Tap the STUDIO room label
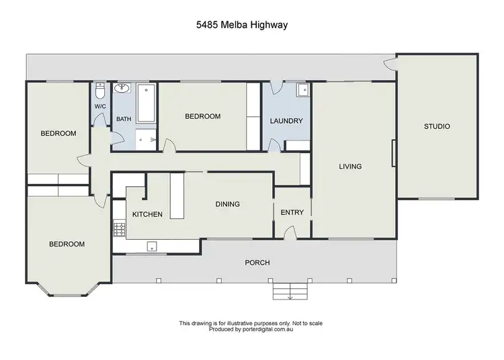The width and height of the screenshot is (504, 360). click(436, 126)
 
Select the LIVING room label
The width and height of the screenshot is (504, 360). click(350, 167)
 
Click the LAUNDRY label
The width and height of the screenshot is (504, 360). click(286, 121)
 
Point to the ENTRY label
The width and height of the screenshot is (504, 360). click(292, 212)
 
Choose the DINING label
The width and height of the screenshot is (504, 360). click(227, 204)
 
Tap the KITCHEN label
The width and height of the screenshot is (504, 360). click(147, 214)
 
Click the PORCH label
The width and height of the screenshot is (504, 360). click(257, 263)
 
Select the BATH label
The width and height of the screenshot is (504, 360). click(124, 120)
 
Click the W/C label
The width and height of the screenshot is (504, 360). click(100, 107)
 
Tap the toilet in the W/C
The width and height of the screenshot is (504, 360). click(100, 90)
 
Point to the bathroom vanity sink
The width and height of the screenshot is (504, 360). click(123, 89)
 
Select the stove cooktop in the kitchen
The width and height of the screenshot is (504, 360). click(120, 230)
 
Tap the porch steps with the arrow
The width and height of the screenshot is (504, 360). click(290, 291)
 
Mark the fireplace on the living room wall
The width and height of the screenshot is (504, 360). click(393, 152)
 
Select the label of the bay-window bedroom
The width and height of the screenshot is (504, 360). click(67, 244)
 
